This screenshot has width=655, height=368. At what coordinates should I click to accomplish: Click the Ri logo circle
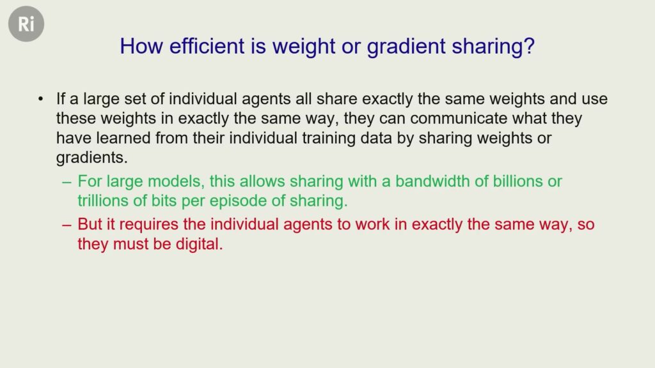click(26, 24)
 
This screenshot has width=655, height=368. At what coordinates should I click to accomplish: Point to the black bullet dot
click(40, 99)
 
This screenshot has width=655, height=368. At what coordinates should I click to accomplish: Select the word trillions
click(103, 201)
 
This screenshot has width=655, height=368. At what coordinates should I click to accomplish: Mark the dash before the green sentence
click(67, 182)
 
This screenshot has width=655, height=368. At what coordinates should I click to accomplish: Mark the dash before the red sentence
click(67, 225)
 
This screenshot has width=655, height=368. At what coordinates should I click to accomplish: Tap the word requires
click(149, 225)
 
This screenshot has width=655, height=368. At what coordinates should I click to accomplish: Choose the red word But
click(90, 224)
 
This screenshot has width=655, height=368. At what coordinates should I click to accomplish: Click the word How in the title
click(141, 46)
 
